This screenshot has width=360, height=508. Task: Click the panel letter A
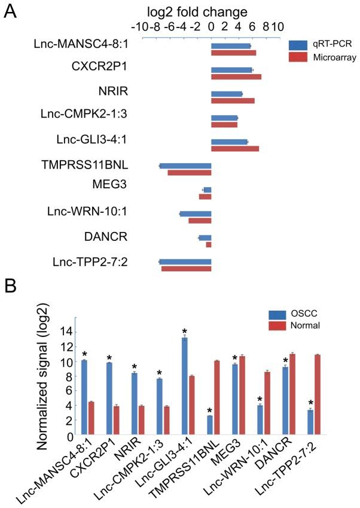11,13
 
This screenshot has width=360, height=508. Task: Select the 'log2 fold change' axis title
176,12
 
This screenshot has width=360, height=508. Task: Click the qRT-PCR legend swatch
297,45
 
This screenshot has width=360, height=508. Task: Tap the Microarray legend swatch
297,57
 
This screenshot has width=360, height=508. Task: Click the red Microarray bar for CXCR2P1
236,76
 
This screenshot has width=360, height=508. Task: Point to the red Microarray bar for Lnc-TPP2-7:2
187,269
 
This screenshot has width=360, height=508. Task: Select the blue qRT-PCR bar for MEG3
208,189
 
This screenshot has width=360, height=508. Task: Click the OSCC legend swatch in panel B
277,314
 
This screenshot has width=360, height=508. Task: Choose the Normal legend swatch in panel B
277,326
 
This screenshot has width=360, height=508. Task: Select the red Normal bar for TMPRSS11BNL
216,397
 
